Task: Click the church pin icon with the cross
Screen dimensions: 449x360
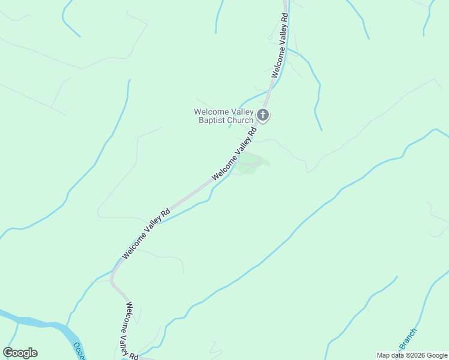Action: coord(263,115)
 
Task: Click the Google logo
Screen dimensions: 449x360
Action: coord(20,353)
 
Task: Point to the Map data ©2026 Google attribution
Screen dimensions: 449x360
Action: coord(411,355)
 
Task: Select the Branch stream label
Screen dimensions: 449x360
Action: coord(408,339)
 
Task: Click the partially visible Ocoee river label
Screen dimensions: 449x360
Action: coord(79,350)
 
